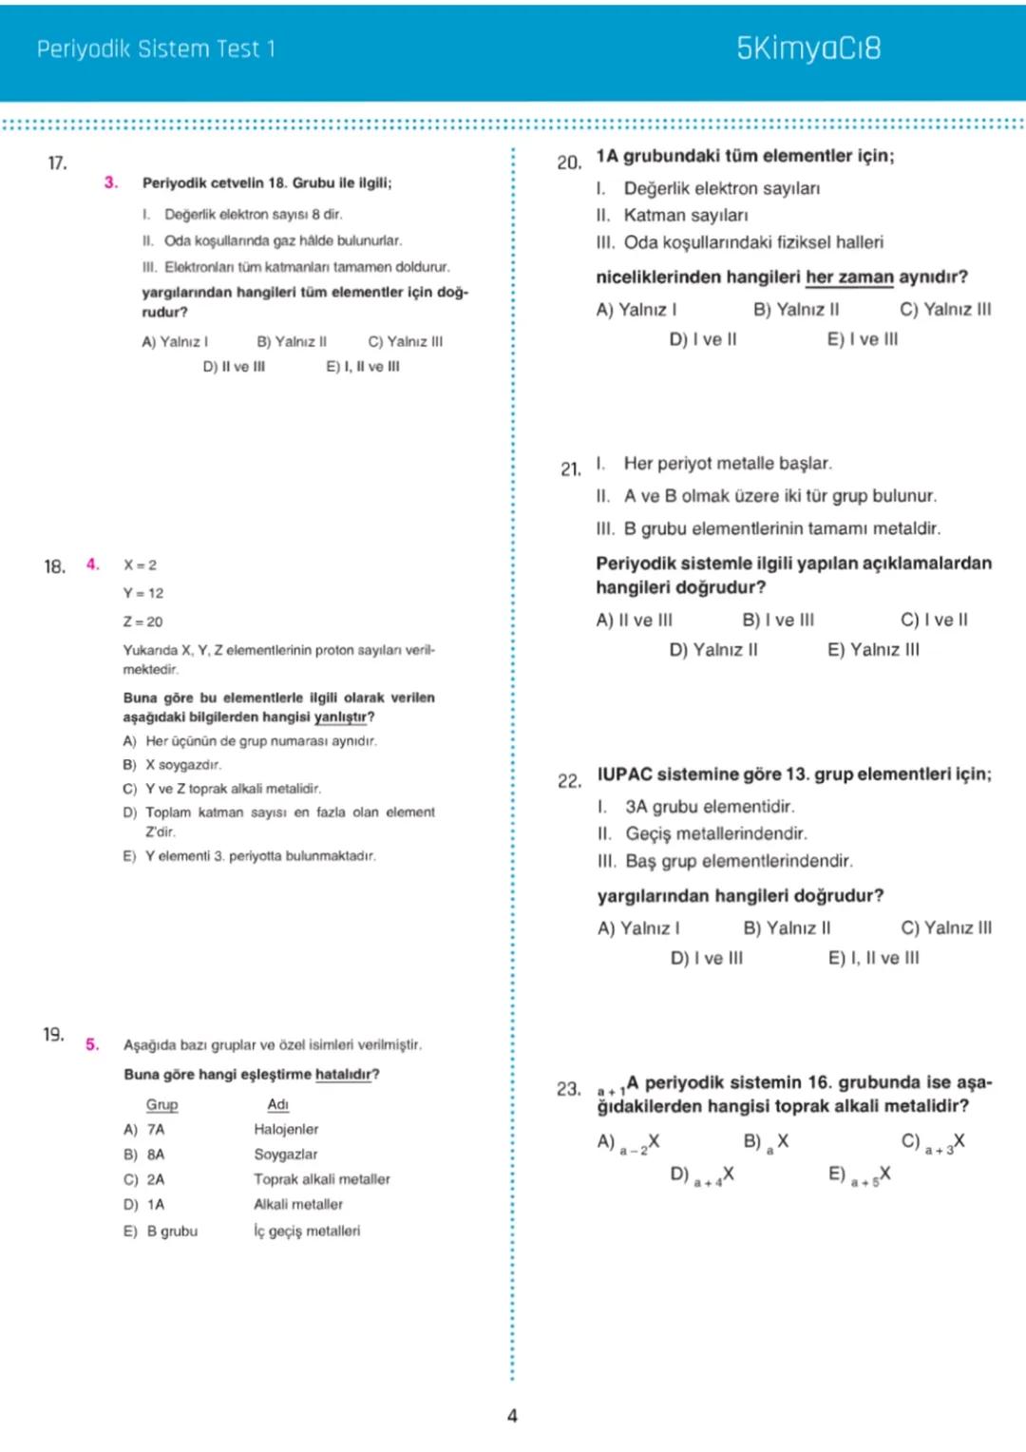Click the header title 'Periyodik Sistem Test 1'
(156, 48)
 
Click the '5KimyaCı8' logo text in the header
(808, 48)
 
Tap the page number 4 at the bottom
(512, 1416)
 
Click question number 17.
(57, 163)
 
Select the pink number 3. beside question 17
(111, 182)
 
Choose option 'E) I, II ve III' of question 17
(363, 367)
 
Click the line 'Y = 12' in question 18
(143, 593)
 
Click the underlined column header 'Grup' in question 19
(161, 1104)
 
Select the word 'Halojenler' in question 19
(286, 1129)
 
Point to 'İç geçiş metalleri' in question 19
(307, 1231)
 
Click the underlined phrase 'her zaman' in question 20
(849, 277)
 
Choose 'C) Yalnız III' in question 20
(945, 310)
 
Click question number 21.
(570, 468)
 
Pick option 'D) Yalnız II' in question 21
(713, 650)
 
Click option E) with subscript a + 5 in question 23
(860, 1175)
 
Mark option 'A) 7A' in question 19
(144, 1129)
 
